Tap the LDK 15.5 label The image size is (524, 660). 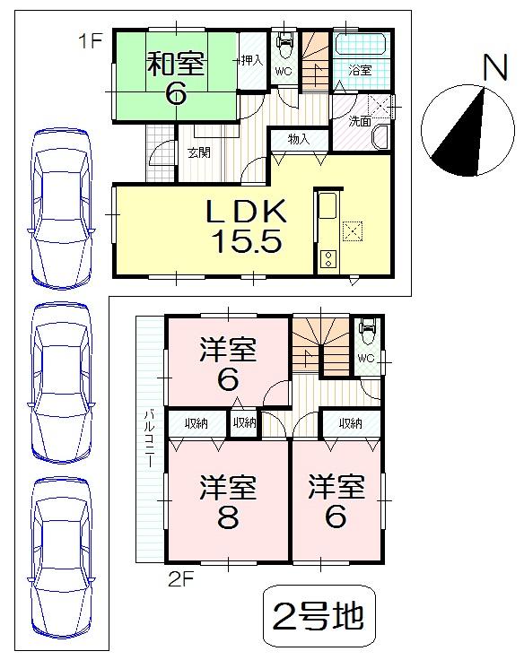[x=246, y=226]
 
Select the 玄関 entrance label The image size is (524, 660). [x=199, y=152]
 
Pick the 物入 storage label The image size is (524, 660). [x=299, y=139]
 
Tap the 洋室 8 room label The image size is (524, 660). [x=228, y=502]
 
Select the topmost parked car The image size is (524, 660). [x=61, y=207]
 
